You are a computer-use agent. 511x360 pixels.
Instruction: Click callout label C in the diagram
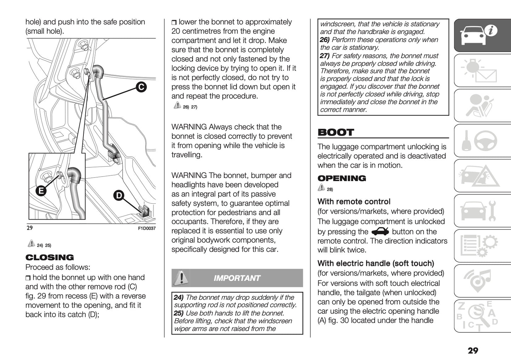141,87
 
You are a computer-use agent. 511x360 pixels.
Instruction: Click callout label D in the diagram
119,195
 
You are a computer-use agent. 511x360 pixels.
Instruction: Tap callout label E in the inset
41,191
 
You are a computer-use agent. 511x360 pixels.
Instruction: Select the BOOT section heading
336,133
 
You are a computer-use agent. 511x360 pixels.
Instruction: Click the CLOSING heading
50,257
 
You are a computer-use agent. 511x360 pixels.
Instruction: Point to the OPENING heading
342,178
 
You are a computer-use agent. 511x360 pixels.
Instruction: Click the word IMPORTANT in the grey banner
237,278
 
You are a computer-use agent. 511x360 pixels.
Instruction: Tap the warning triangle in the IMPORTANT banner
181,278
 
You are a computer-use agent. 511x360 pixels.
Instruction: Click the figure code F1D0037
146,228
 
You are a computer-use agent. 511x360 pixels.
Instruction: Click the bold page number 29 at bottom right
472,350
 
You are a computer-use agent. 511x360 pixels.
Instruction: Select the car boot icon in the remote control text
380,232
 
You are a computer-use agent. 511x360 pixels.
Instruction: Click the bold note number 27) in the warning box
324,56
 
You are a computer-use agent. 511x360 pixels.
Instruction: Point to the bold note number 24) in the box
179,297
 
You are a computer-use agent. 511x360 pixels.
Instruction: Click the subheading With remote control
354,202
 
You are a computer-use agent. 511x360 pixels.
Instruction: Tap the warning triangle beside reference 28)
321,187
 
